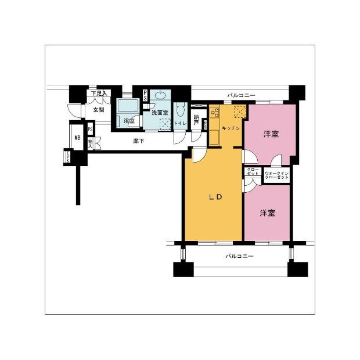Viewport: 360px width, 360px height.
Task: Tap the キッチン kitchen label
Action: coord(231,127)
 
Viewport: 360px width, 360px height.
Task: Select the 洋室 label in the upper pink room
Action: coord(271,134)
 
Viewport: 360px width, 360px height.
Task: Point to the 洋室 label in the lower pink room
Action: coord(267,213)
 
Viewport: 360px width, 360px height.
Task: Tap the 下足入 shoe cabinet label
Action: coord(98,93)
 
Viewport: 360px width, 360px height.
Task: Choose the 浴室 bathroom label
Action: coord(129,121)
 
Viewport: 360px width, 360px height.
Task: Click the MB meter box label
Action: coord(77,138)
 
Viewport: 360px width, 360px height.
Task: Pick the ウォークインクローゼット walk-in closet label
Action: coord(276,175)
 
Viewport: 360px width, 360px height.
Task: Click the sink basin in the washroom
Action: coord(161,96)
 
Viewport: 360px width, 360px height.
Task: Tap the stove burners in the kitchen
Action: coord(214,114)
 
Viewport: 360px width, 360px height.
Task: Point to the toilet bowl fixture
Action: coord(181,110)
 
